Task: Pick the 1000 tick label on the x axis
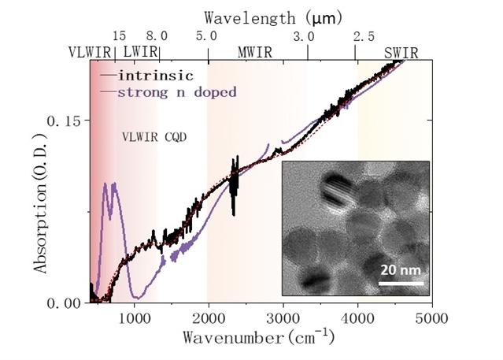(x=134, y=319)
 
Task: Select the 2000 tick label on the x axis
(x=208, y=319)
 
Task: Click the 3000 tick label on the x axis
(x=283, y=319)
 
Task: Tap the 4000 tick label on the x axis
(x=357, y=319)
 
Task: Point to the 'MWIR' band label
(x=256, y=54)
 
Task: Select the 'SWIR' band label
(x=401, y=54)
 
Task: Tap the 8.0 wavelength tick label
(x=157, y=36)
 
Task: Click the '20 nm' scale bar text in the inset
(x=401, y=269)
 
